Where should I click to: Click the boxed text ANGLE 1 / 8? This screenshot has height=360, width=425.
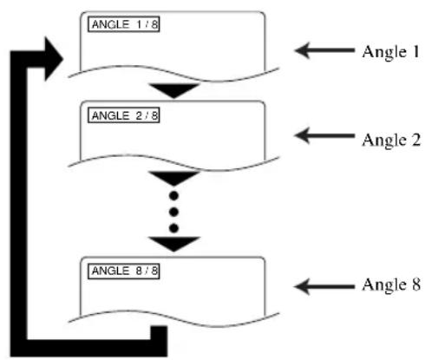pos(124,24)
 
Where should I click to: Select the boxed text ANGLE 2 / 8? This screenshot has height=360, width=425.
pos(124,115)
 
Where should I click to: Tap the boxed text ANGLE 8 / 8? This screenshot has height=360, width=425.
pos(124,271)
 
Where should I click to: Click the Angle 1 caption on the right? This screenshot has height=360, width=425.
pos(390,52)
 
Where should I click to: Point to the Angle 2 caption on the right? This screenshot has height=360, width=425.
pos(391,141)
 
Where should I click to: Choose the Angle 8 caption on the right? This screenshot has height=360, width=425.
pos(391,285)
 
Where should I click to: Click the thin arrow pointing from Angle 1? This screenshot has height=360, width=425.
pos(324,50)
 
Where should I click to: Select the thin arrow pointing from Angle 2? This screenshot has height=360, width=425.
pos(324,135)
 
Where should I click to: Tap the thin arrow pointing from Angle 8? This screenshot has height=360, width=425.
pos(324,286)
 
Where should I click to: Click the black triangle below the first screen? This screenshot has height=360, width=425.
pos(173,90)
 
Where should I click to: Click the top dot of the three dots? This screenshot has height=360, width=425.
pos(173,196)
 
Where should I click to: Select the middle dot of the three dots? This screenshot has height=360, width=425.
pos(173,213)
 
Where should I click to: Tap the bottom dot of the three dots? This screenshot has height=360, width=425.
pos(173,228)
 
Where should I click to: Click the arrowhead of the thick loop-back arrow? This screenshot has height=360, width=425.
pos(54,59)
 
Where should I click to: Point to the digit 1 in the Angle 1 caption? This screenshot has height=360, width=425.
pos(415,52)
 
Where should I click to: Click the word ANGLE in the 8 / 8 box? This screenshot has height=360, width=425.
pos(110,271)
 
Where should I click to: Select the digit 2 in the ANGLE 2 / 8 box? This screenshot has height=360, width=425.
pos(139,115)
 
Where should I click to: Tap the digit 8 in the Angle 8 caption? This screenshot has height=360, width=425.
pos(415,285)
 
